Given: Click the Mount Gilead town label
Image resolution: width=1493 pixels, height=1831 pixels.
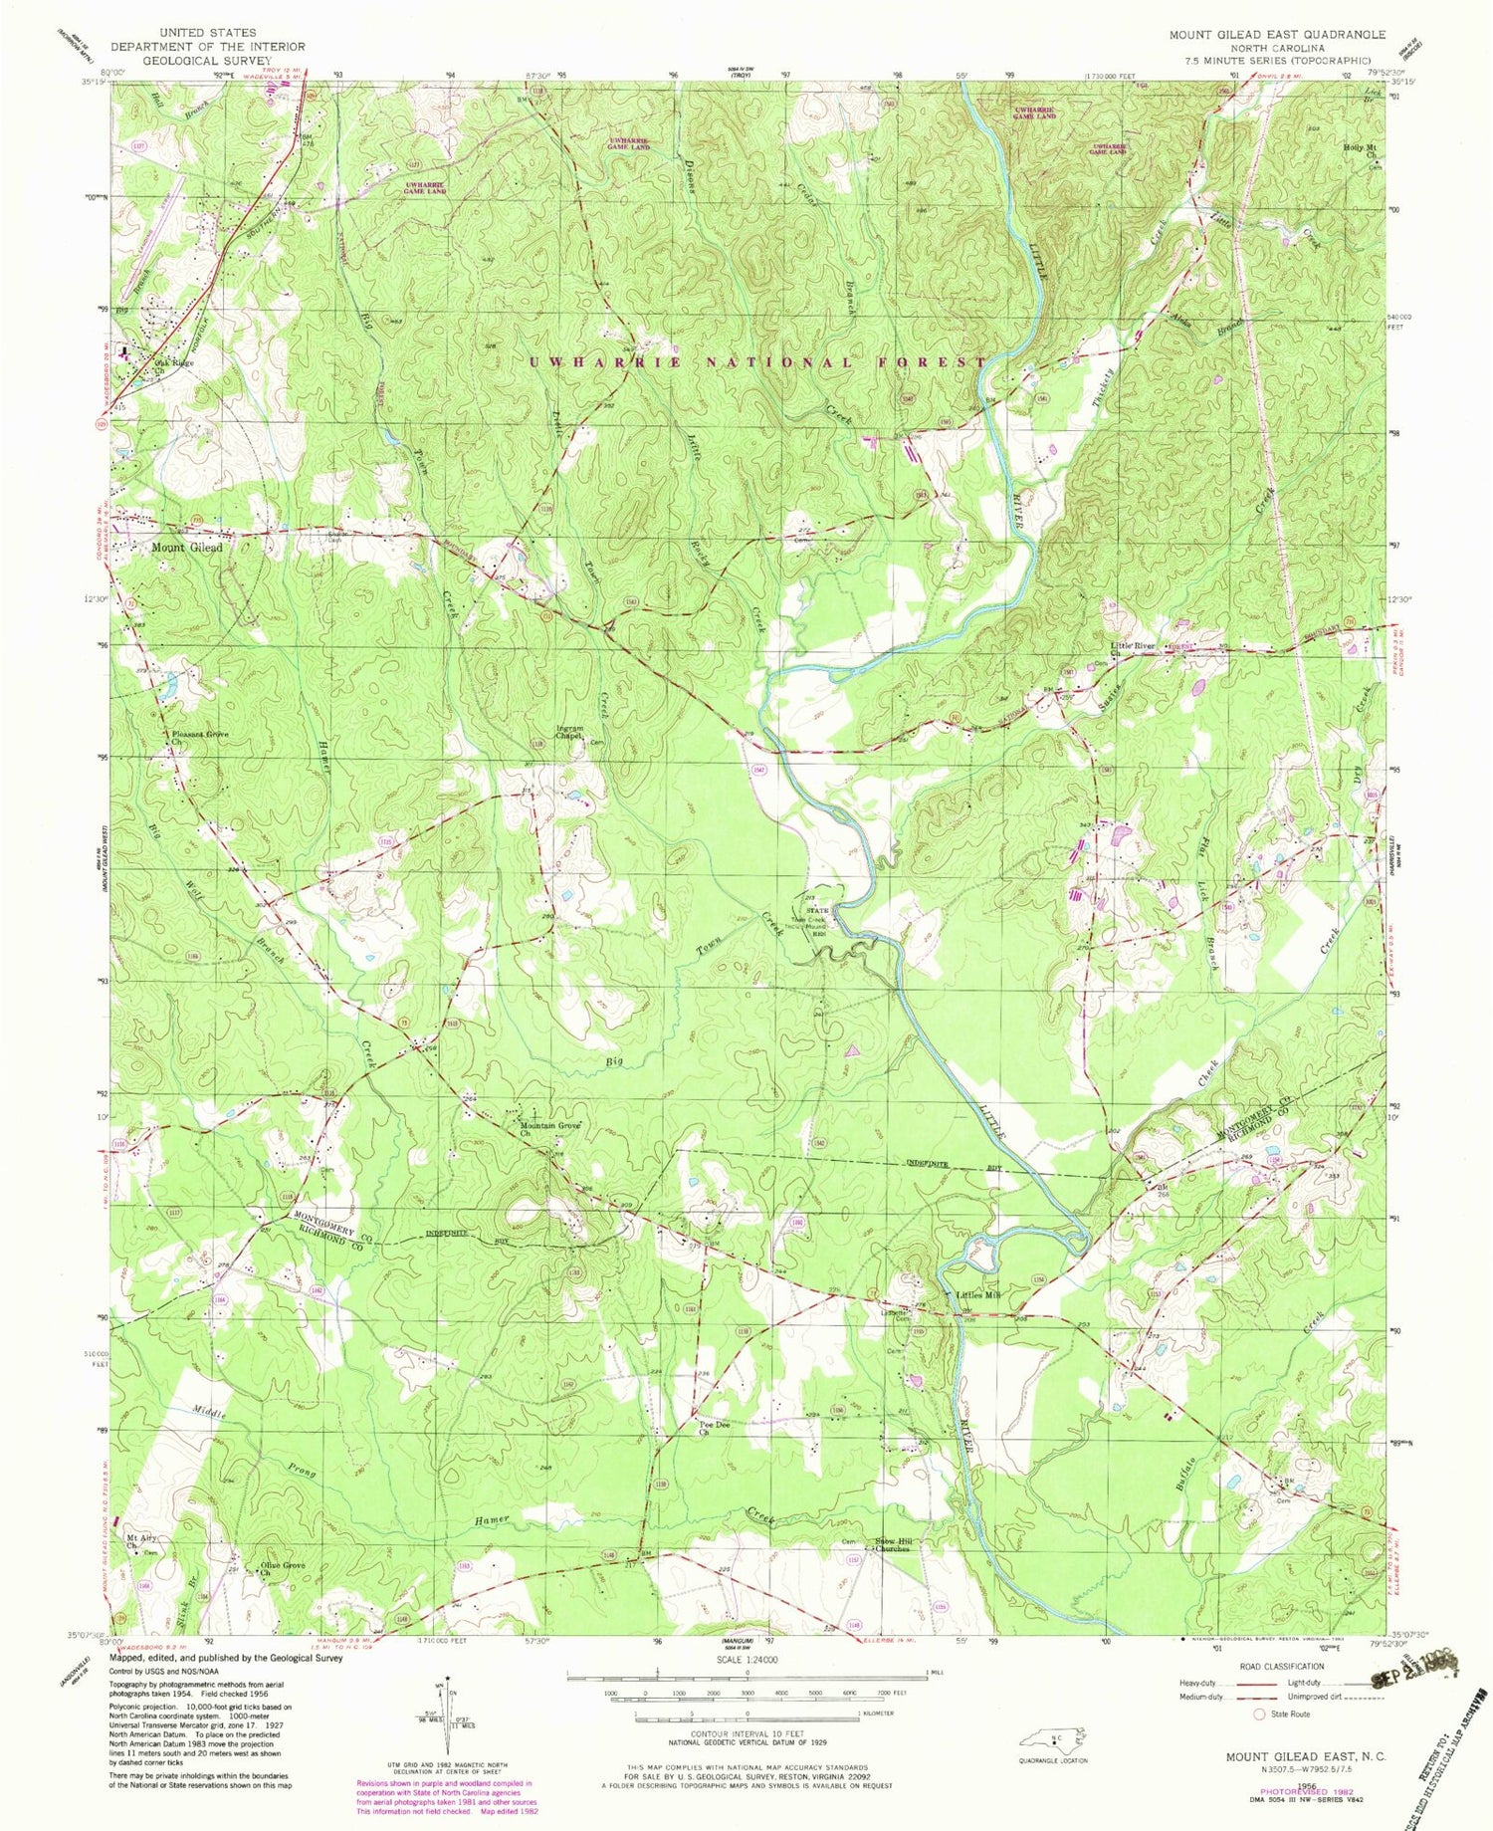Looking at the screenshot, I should click(x=186, y=548).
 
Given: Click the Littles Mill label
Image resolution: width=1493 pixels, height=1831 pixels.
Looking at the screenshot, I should click(x=977, y=1295).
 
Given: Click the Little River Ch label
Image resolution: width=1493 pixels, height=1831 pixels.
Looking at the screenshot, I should click(x=1132, y=649).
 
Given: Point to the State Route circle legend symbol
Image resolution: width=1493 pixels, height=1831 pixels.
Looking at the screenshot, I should click(x=1258, y=1715).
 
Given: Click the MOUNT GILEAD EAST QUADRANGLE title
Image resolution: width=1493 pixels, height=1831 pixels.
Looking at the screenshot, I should click(x=1276, y=34).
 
